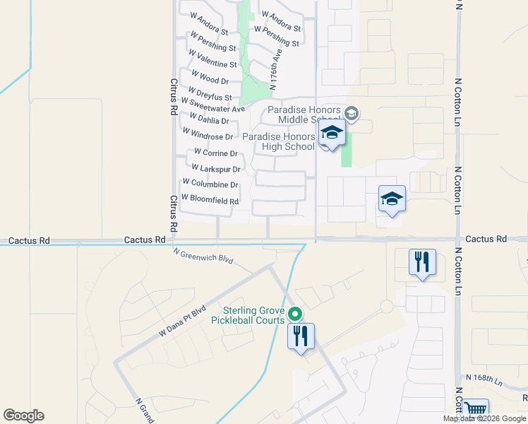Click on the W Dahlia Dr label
(205, 120)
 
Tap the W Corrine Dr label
(215, 153)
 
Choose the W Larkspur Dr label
(216, 169)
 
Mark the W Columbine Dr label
(210, 184)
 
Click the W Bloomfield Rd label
(210, 201)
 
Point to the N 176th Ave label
(277, 65)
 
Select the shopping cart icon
(477, 409)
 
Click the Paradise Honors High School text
(278, 141)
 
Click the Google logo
(24, 416)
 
